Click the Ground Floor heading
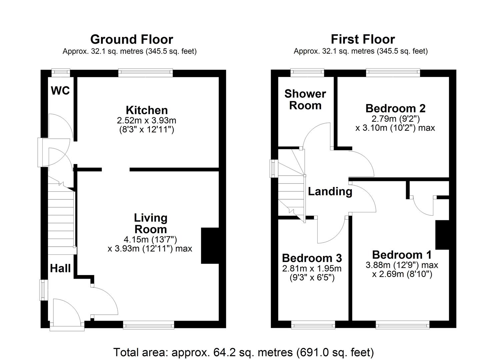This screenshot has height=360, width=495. (x=132, y=39)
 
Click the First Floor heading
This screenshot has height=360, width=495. (x=363, y=39)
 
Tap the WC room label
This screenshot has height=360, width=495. (x=60, y=90)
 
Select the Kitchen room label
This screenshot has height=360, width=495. (x=147, y=110)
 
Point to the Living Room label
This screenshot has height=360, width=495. (x=150, y=223)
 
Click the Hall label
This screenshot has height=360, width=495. (x=60, y=268)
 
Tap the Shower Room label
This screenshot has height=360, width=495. (x=305, y=100)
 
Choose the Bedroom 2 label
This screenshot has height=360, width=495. (x=395, y=108)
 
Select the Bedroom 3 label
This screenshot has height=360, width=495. (x=312, y=258)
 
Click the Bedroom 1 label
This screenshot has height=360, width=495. (x=402, y=255)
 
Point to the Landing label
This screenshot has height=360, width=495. (x=330, y=191)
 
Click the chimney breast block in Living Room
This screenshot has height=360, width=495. (x=210, y=246)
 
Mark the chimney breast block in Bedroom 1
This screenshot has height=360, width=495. (x=442, y=235)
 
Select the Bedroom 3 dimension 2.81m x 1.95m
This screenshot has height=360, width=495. (x=312, y=269)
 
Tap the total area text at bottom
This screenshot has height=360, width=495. (x=244, y=352)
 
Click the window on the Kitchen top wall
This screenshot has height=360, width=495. (x=146, y=72)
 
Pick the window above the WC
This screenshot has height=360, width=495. (x=61, y=72)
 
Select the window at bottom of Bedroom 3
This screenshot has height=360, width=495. (x=313, y=325)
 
